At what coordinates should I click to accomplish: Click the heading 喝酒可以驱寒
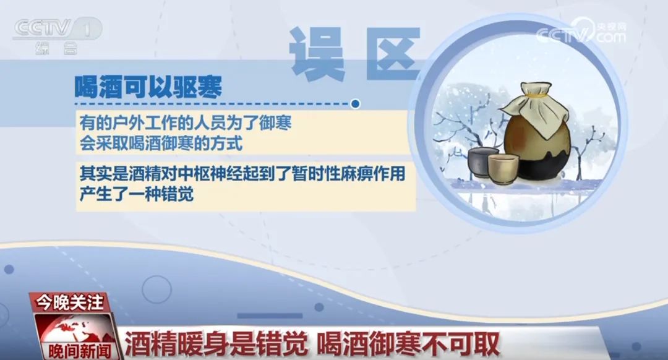tap(148, 87)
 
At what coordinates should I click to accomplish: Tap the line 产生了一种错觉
tap(137, 194)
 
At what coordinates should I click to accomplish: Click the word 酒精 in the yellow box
tap(117, 174)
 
